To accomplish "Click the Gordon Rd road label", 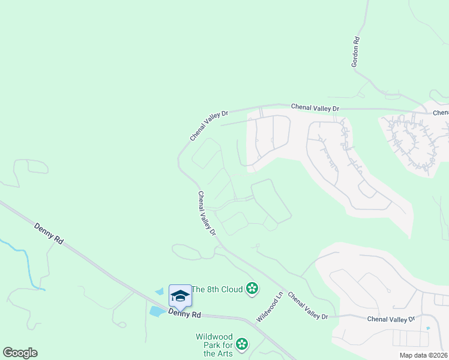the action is [356, 51].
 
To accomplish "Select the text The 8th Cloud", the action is [217, 289].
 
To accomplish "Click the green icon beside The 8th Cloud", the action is [252, 289].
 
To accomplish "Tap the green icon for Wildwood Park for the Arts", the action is [241, 344].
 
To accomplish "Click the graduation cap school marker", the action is [180, 295].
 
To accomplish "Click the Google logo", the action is [20, 353].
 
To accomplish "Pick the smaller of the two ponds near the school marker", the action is [158, 292].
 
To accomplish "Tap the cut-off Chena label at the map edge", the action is [441, 112].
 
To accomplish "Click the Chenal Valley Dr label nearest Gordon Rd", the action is [315, 107].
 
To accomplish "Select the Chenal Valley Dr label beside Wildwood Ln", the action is [308, 306].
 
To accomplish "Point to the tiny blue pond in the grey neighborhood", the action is [428, 328].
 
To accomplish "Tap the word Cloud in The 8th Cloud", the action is [231, 289].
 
